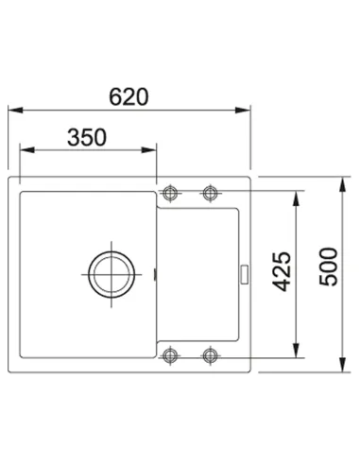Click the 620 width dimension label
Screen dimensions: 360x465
click(129, 96)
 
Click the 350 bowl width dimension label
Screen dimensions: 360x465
click(87, 137)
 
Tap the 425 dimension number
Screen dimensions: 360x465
click(282, 271)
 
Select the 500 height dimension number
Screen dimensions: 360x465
click(329, 267)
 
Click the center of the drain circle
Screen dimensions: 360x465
click(111, 274)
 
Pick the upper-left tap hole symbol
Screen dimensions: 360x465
click(170, 192)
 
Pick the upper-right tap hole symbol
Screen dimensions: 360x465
click(210, 193)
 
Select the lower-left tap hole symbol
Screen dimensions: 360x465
click(170, 355)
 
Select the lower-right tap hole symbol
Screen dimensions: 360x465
click(210, 355)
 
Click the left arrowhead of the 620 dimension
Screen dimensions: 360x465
click(15, 111)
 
